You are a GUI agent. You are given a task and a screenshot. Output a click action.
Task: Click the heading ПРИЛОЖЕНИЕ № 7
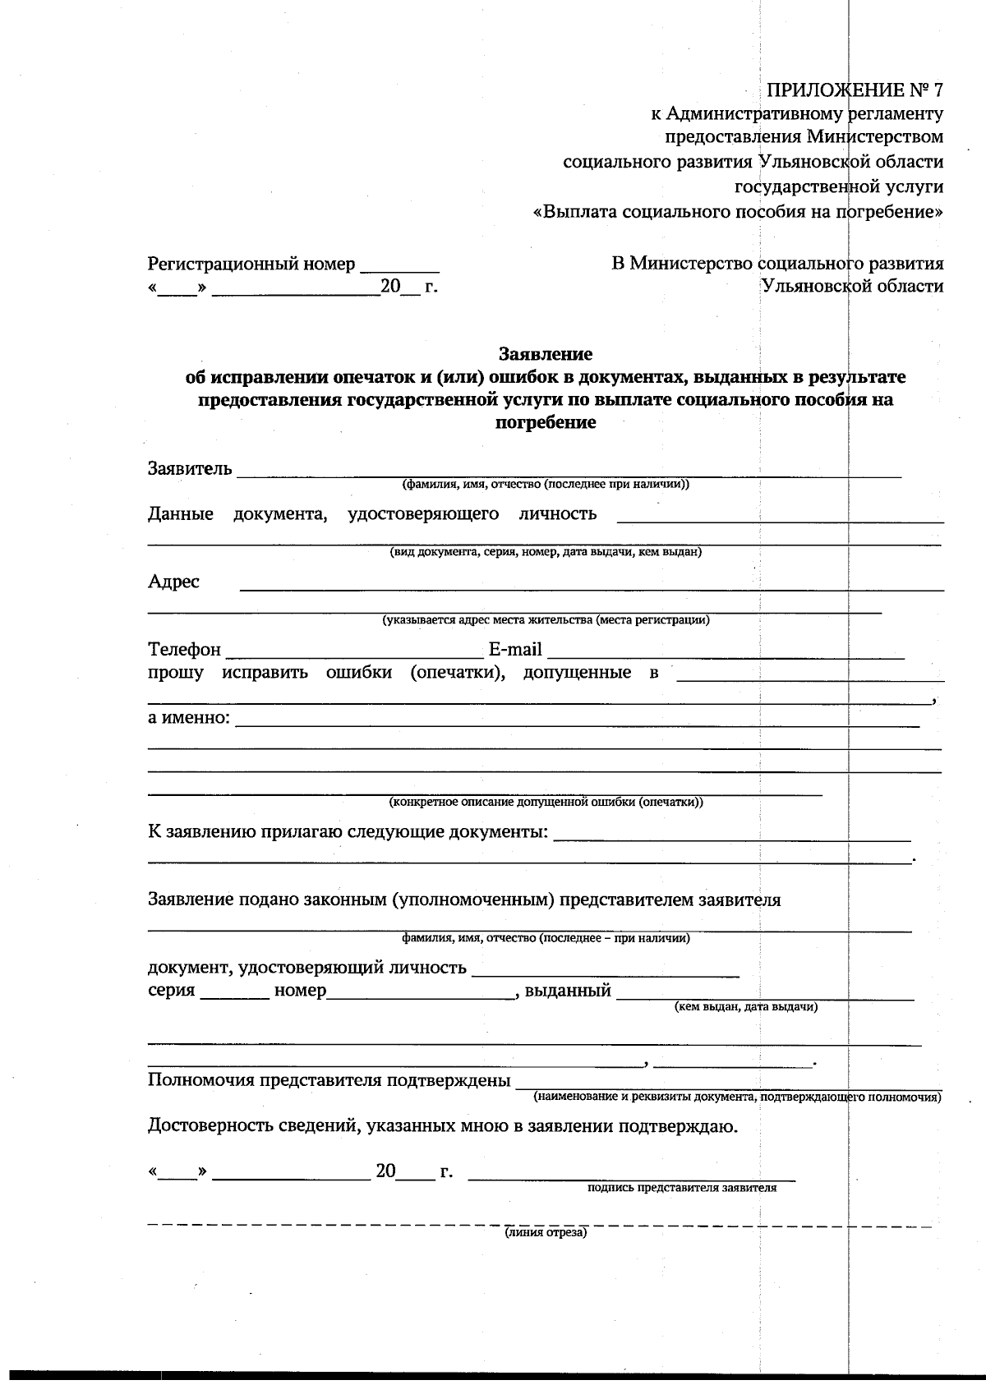855,90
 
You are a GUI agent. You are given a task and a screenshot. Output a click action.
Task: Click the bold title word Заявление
546,354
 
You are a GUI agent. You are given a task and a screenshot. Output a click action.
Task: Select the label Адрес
173,582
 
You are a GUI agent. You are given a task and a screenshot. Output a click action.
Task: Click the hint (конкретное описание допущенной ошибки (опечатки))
546,802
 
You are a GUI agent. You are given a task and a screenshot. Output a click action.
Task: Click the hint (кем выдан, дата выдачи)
745,1006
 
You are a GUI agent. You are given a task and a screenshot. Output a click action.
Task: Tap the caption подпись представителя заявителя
682,1187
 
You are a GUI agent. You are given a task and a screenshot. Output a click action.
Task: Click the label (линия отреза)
546,1233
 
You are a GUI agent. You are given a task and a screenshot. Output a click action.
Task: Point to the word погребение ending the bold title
546,424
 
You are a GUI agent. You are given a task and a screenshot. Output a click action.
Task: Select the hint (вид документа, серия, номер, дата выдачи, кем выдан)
546,552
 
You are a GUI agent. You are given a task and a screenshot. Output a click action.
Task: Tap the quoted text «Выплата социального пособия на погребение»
738,212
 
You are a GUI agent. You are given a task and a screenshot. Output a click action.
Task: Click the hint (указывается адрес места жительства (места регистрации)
546,620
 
